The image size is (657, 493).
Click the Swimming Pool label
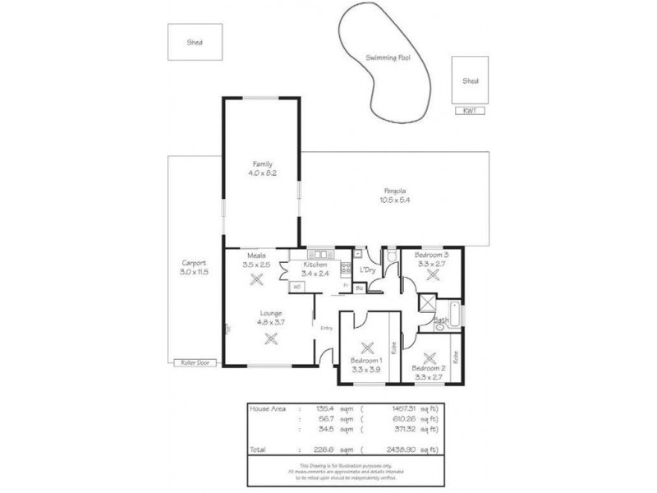pos(388,59)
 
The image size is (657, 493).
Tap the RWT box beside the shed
pos(470,111)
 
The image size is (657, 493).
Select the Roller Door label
pos(194,362)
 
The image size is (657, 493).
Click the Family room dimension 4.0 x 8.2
pos(262,173)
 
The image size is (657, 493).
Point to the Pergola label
pos(389,189)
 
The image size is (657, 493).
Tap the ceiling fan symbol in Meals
pos(256,278)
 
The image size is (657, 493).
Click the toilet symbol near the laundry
pos(393,256)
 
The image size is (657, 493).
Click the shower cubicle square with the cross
pos(428,302)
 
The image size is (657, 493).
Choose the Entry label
pos(326,329)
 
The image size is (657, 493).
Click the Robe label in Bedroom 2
pos(456,357)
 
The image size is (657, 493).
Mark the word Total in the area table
pos(259,450)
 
